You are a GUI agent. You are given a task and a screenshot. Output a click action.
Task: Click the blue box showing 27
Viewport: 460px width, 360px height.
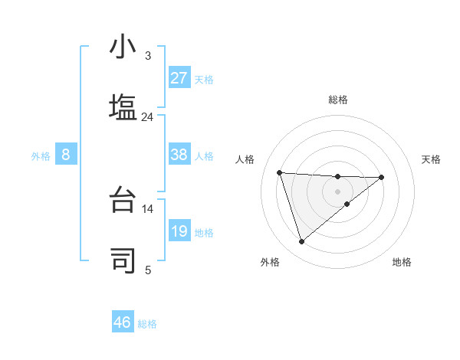click(x=179, y=78)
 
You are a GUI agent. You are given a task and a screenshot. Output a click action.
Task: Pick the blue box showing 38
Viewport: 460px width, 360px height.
click(x=179, y=155)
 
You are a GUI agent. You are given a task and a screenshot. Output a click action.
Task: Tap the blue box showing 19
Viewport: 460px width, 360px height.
click(x=179, y=231)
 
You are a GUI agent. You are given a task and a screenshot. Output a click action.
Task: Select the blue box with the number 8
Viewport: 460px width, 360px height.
click(x=65, y=155)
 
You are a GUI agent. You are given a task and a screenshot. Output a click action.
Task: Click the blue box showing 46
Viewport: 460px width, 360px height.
click(x=123, y=322)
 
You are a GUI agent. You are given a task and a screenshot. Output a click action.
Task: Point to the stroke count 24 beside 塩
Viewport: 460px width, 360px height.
click(x=147, y=117)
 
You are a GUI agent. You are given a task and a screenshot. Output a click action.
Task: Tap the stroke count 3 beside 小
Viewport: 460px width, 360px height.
click(x=147, y=56)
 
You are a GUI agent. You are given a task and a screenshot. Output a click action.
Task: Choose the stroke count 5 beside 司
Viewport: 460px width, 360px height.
click(x=147, y=270)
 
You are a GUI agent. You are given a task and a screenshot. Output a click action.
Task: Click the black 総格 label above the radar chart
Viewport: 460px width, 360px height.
click(x=337, y=100)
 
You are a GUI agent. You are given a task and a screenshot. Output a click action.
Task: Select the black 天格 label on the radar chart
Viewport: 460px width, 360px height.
click(x=431, y=159)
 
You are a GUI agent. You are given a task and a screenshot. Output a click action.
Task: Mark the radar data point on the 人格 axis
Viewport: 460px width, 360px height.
click(x=280, y=172)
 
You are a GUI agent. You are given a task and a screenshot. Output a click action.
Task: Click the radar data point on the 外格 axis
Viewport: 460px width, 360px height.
click(x=302, y=242)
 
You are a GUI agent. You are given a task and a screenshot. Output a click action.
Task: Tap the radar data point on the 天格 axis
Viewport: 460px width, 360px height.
click(x=382, y=177)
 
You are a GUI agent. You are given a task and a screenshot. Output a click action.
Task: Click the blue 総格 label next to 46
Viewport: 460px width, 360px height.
click(x=147, y=324)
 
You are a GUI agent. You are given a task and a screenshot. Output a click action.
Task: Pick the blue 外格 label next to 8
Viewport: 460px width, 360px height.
click(x=41, y=156)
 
